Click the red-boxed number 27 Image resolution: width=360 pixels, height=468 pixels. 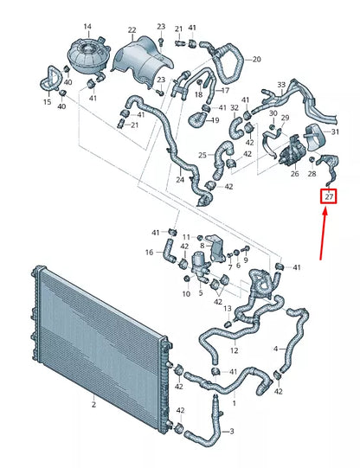pos(329,197)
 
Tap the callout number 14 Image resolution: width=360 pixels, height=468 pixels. pos(87,27)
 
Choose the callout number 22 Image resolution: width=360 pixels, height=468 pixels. pos(132,30)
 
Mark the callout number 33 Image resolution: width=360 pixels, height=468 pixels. pos(281,84)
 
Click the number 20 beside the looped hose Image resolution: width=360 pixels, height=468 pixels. pos(256,60)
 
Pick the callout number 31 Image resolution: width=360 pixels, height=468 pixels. pos(336,131)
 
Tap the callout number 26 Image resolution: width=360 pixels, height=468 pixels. pos(294,173)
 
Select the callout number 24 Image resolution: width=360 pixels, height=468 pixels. pos(180,180)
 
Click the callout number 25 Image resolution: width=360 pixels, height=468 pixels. pos(202,156)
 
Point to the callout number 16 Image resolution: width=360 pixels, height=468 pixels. pos(149,253)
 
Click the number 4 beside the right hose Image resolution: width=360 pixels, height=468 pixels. pos(277,349)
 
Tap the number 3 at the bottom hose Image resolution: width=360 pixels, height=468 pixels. pos(230,430)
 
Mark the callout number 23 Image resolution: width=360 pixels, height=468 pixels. pos(162,27)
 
